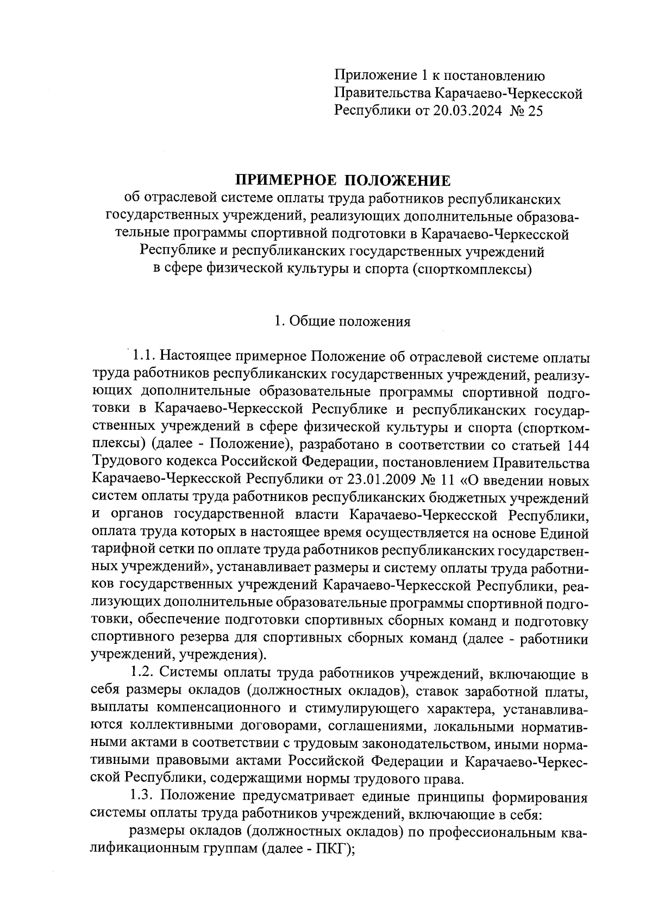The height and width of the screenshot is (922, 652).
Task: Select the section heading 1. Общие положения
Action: (x=342, y=321)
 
